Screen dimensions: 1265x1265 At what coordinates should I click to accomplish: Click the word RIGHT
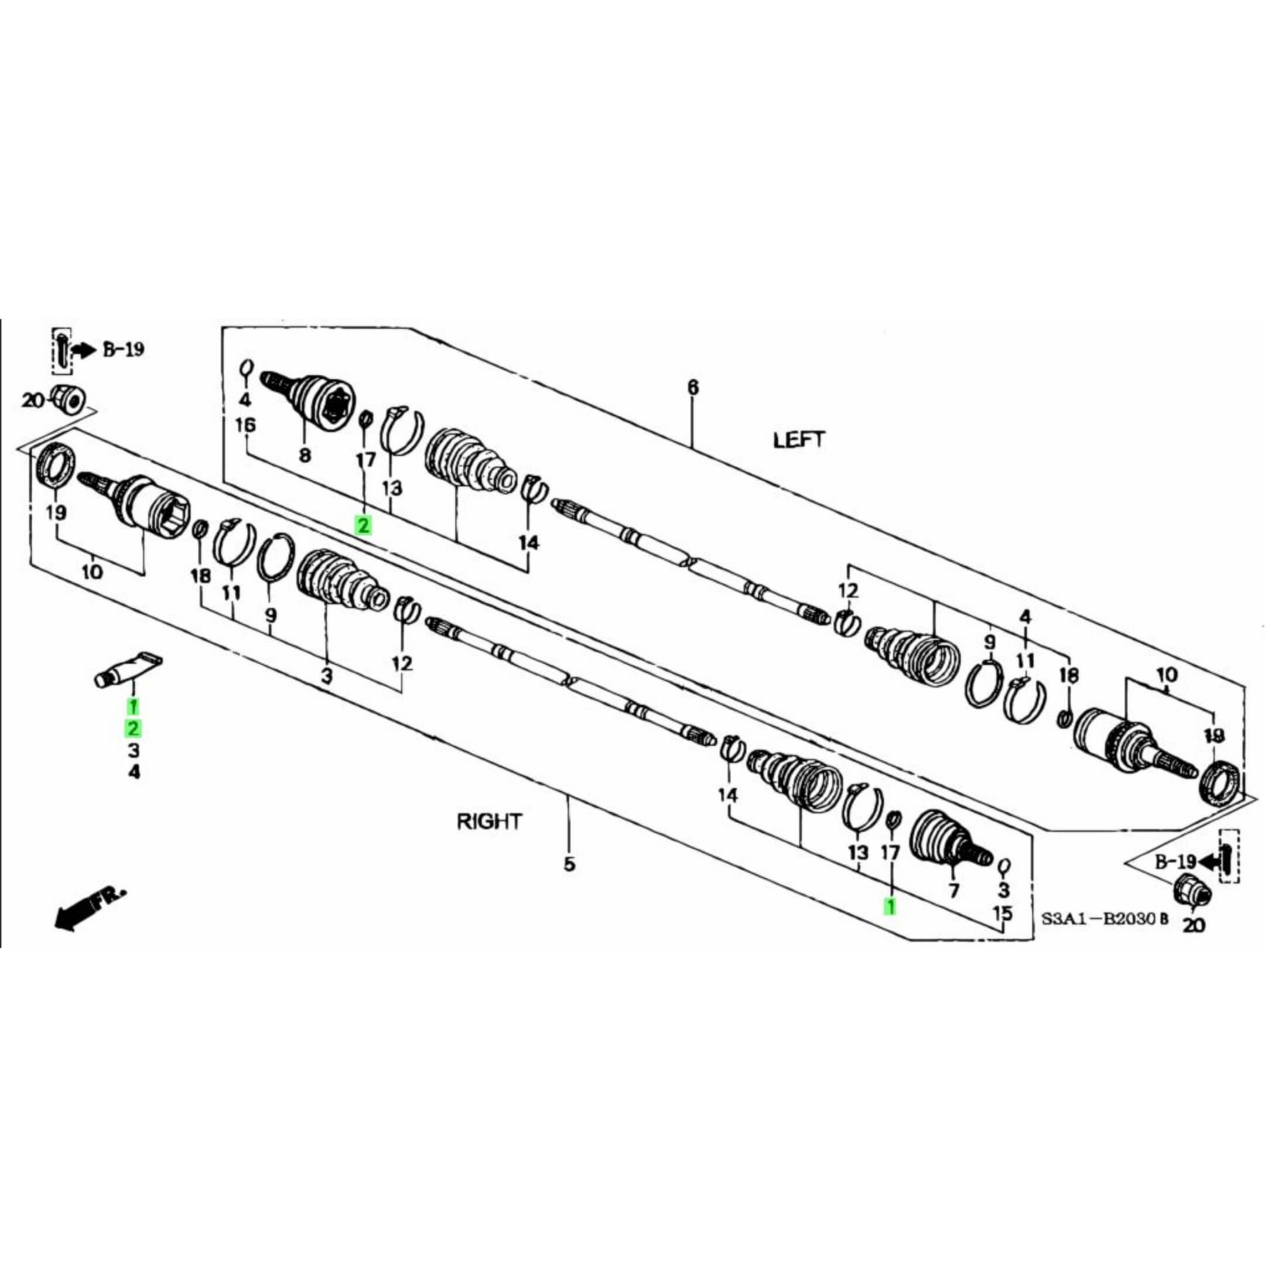(x=489, y=821)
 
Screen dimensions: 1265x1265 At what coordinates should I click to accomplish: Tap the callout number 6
(x=693, y=388)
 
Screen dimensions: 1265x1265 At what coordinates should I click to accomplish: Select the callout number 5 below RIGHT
(x=569, y=864)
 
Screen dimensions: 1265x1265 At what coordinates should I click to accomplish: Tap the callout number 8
(x=305, y=455)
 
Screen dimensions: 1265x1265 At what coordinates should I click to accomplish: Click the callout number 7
(x=953, y=890)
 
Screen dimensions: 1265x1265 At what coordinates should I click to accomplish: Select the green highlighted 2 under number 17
(x=363, y=525)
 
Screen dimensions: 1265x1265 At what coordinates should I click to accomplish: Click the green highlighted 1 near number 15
(x=890, y=906)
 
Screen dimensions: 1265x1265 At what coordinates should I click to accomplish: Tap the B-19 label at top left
(x=122, y=350)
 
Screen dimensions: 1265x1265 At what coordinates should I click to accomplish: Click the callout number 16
(x=245, y=426)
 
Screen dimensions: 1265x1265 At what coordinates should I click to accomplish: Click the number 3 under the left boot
(x=326, y=675)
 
